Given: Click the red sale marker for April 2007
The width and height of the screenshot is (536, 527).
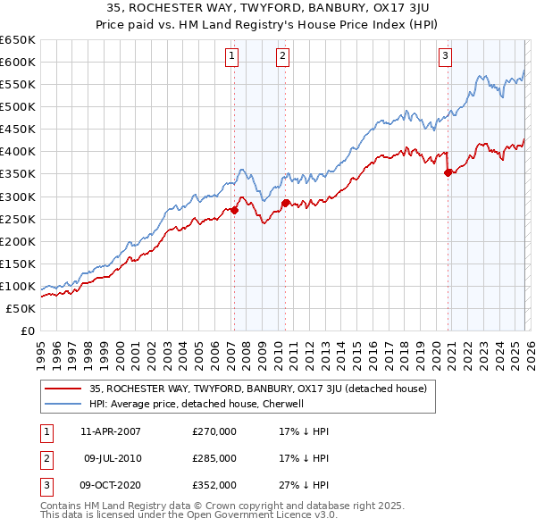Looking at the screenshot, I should tap(234, 211).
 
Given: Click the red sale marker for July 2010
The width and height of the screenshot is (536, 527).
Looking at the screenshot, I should tap(285, 204).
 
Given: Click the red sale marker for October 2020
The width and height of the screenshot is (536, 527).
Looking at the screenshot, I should tap(448, 173).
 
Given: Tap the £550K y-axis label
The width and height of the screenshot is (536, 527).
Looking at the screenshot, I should tap(18, 84).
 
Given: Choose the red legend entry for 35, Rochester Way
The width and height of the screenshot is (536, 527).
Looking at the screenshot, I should tap(258, 389).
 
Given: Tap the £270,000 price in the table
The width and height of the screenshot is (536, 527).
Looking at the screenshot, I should tap(214, 431).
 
